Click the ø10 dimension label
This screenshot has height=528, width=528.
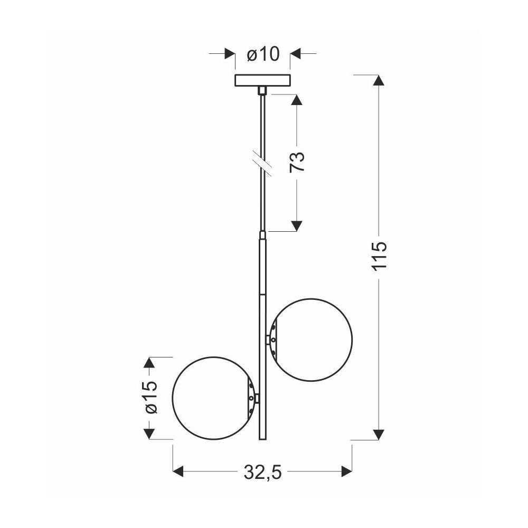click(263, 54)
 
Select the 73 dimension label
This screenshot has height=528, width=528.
click(297, 162)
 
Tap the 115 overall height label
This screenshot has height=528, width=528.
click(380, 255)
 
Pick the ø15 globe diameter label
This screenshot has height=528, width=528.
click(150, 398)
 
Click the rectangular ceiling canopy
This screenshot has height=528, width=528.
click(262, 80)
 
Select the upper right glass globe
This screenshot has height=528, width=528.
click(311, 340)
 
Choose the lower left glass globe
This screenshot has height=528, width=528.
click(173, 398)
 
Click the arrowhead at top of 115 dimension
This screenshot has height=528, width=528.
click(379, 80)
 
